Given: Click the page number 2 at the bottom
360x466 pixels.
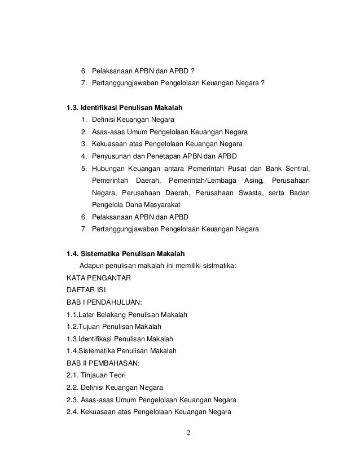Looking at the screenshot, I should [x=189, y=434].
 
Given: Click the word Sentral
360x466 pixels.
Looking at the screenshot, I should [x=297, y=168].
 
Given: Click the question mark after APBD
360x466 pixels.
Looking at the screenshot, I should [x=193, y=71].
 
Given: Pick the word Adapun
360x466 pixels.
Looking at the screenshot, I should [x=93, y=265].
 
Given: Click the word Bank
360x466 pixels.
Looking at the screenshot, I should [x=269, y=168].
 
